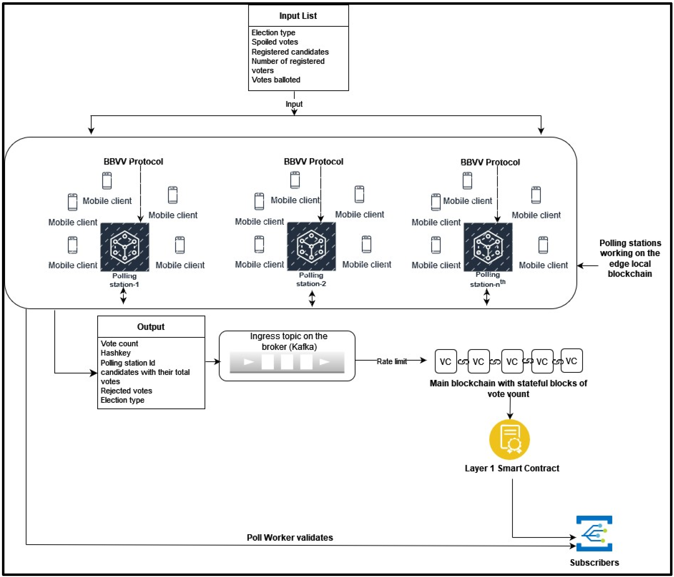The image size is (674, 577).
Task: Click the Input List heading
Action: [x=298, y=16]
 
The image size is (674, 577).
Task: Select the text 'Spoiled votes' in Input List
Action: [x=274, y=42]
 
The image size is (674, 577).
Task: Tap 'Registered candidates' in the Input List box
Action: [x=290, y=52]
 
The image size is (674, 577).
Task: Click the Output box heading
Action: [x=151, y=327]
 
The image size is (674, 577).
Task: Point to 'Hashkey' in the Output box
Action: [x=115, y=353]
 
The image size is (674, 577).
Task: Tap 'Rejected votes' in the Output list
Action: [x=126, y=391]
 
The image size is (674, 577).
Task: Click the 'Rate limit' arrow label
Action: [x=392, y=361]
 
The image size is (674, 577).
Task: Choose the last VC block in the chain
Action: [x=572, y=361]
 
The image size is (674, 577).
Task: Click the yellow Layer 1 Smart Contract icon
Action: [x=509, y=439]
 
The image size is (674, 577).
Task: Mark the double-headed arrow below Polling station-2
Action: [x=312, y=299]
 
